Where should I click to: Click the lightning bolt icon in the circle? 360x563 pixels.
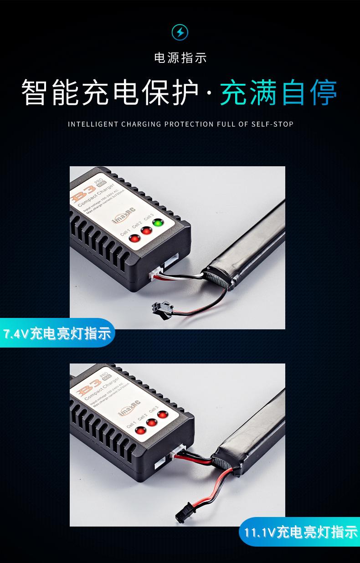click(180, 33)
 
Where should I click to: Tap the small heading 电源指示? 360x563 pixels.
click(180, 58)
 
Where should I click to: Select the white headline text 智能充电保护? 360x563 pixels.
click(110, 92)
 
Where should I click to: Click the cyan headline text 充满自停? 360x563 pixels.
click(279, 92)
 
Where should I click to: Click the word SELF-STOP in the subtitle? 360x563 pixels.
click(273, 124)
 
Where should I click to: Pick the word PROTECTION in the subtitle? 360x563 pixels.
click(189, 124)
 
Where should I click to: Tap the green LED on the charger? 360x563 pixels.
click(158, 224)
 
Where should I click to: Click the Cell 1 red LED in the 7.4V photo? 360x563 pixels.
click(135, 239)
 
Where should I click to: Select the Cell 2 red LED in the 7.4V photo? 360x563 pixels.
click(146, 231)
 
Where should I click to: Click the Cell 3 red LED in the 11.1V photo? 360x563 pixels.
click(163, 415)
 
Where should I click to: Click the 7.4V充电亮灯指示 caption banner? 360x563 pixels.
click(57, 333)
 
